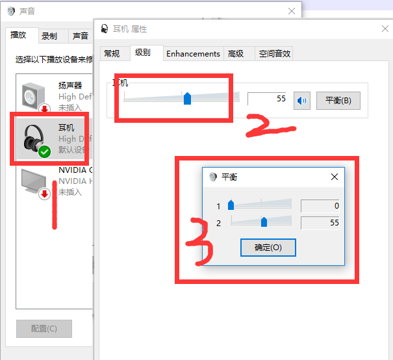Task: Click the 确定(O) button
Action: pyautogui.click(x=268, y=248)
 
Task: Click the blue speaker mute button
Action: pyautogui.click(x=302, y=101)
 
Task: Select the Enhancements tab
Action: pyautogui.click(x=193, y=54)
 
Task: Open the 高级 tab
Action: pyautogui.click(x=236, y=54)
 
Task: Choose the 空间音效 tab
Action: pyautogui.click(x=274, y=54)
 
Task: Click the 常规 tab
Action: pyautogui.click(x=112, y=54)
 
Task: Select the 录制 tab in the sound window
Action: pyautogui.click(x=49, y=36)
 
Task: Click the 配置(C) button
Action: pyautogui.click(x=44, y=329)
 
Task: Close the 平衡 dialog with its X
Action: pyautogui.click(x=335, y=177)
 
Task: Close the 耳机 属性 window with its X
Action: pyautogui.click(x=385, y=29)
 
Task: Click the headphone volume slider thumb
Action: pyautogui.click(x=187, y=98)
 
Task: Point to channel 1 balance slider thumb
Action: pyautogui.click(x=231, y=206)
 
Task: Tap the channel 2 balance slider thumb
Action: pyautogui.click(x=264, y=222)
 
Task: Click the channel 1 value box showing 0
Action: pyautogui.click(x=321, y=206)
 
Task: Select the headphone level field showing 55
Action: pyautogui.click(x=268, y=99)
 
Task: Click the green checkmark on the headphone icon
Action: pyautogui.click(x=44, y=151)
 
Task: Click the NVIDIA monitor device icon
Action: pyautogui.click(x=34, y=182)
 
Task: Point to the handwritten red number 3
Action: pyautogui.click(x=197, y=241)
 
